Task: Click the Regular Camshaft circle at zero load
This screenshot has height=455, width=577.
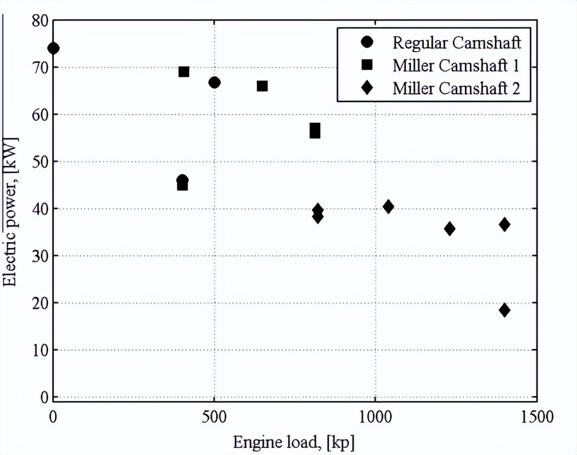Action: click(x=53, y=48)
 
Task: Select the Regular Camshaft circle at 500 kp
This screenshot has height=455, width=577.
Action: click(x=214, y=83)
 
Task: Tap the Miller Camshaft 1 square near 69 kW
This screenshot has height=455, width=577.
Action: click(x=184, y=72)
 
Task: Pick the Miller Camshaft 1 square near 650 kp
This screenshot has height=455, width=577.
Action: click(x=262, y=86)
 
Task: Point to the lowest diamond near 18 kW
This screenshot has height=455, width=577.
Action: click(x=504, y=310)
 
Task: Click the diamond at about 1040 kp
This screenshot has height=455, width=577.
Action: click(x=388, y=206)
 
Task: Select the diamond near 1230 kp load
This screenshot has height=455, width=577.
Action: click(x=449, y=229)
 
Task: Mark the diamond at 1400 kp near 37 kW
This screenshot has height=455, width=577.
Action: click(x=504, y=224)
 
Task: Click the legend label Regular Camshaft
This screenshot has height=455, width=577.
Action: click(x=456, y=43)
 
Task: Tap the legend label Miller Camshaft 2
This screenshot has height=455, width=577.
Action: click(x=456, y=88)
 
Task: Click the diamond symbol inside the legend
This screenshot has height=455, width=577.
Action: click(x=368, y=88)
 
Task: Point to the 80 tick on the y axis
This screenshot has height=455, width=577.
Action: click(x=40, y=21)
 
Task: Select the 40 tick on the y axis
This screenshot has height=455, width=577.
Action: click(x=40, y=208)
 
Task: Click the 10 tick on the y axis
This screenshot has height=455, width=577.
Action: click(x=40, y=350)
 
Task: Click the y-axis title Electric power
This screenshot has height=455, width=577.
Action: click(x=11, y=210)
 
